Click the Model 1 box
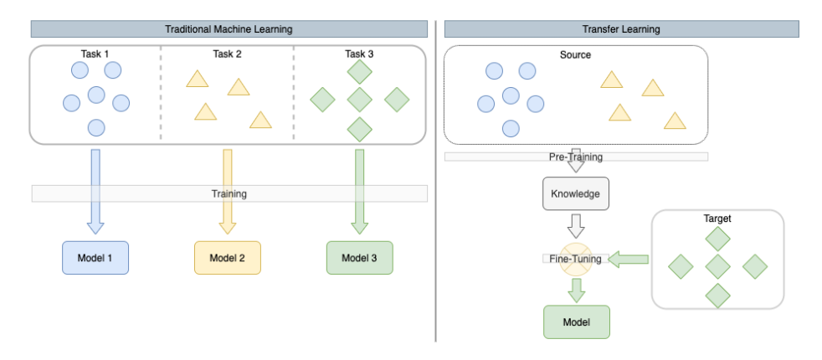[95, 258]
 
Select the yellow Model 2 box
[228, 258]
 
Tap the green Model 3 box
[359, 258]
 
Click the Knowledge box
[576, 193]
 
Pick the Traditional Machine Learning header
[229, 29]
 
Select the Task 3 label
[359, 54]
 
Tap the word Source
[575, 55]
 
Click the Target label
[717, 219]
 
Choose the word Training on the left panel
[229, 193]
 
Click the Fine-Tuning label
[575, 259]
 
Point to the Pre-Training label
[575, 157]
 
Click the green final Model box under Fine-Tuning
[576, 322]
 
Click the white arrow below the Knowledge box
[576, 225]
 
